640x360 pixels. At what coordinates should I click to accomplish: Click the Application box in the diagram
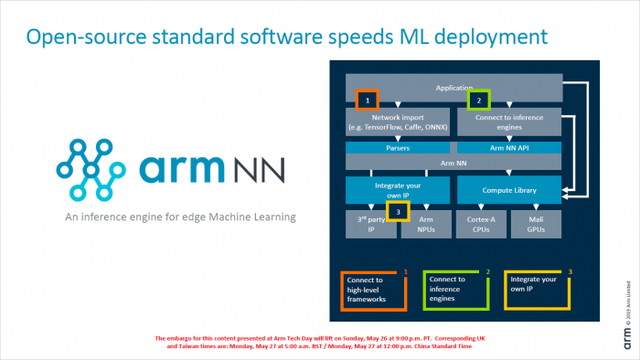[x=453, y=88]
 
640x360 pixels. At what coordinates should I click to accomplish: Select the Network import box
[x=399, y=121]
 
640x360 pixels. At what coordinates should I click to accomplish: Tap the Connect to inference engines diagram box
[x=507, y=121]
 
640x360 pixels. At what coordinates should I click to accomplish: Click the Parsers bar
[x=399, y=146]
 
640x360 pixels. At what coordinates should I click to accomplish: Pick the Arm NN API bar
[x=507, y=146]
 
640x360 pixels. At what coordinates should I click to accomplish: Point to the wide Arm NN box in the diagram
[x=453, y=162]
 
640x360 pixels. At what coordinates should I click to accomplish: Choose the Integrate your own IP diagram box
[x=399, y=190]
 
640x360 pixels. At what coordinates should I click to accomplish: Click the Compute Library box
[x=507, y=190]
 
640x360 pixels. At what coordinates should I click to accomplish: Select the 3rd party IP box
[x=369, y=225]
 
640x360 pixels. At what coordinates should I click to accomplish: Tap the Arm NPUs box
[x=425, y=225]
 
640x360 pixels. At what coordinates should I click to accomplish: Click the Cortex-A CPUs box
[x=480, y=225]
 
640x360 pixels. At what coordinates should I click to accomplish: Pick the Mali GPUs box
[x=535, y=225]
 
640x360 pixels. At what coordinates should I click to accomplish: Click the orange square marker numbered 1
[x=367, y=98]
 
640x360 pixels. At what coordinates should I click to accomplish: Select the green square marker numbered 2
[x=479, y=98]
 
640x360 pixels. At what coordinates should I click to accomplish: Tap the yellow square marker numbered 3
[x=398, y=212]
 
